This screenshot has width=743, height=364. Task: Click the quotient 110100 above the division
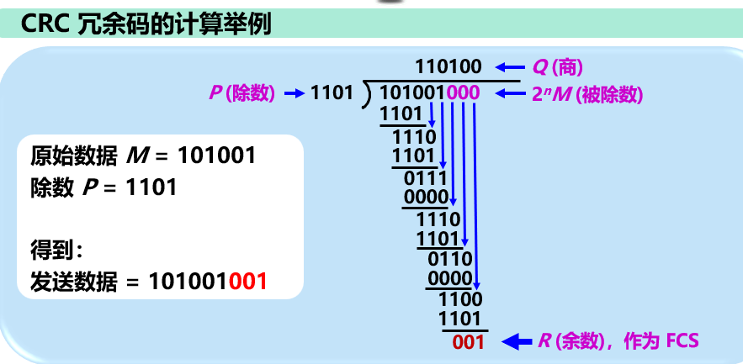pyautogui.click(x=447, y=66)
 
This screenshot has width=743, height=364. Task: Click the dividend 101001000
pyautogui.click(x=429, y=92)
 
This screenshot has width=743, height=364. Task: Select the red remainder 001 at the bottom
pyautogui.click(x=468, y=341)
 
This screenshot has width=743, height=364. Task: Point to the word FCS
pyautogui.click(x=682, y=340)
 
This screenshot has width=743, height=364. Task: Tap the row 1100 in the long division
pyautogui.click(x=462, y=298)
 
